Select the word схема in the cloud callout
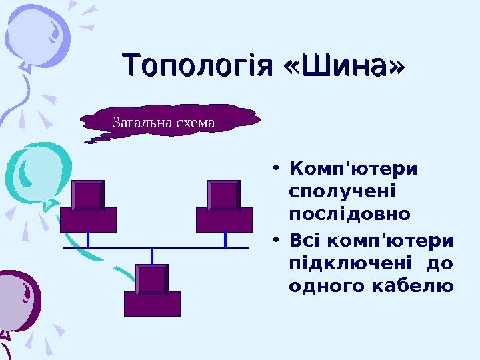[x=194, y=123]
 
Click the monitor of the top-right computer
[x=224, y=195]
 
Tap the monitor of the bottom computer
[x=152, y=279]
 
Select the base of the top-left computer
[x=88, y=219]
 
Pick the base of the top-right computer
[x=224, y=219]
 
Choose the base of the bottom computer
[x=152, y=303]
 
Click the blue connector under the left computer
[x=88, y=239]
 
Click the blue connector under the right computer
[x=225, y=239]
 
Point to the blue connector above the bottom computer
[x=153, y=255]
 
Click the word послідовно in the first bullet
[x=350, y=215]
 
